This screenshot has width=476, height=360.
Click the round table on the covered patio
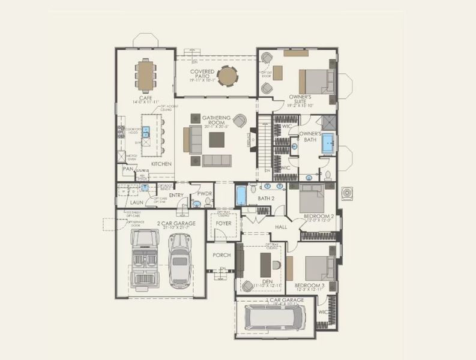click(227, 76)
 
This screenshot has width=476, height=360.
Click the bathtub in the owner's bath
click(327, 144)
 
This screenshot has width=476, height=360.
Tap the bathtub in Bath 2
click(241, 196)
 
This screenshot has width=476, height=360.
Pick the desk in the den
click(265, 261)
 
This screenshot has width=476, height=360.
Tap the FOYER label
click(224, 224)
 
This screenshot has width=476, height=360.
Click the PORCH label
click(221, 255)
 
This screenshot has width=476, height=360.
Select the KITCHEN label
click(161, 164)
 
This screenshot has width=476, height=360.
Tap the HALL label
click(281, 227)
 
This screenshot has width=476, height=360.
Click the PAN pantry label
click(127, 169)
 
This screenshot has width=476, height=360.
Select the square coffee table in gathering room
click(217, 139)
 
